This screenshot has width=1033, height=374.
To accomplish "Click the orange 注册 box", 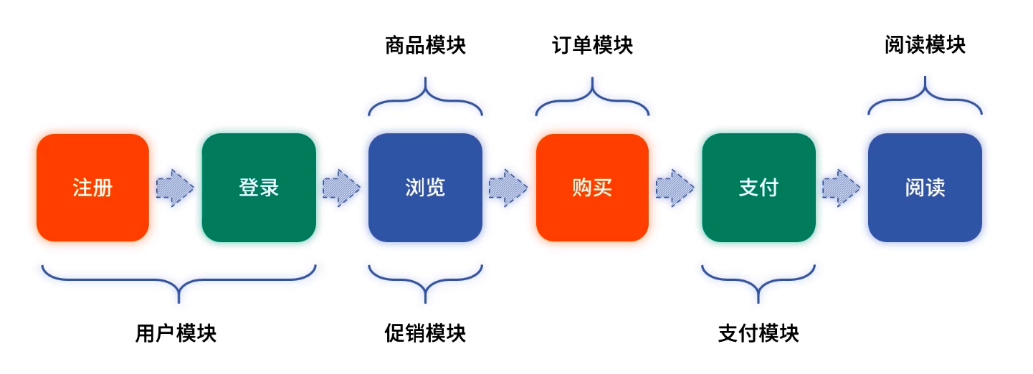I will [92, 188].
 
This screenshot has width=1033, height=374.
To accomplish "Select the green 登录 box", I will [259, 188].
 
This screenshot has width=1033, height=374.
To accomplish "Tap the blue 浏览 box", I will [425, 188].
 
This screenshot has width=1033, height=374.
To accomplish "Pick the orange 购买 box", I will [592, 188].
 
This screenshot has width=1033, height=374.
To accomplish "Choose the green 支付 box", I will [758, 188].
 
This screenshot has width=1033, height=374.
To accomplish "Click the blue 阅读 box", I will [925, 188].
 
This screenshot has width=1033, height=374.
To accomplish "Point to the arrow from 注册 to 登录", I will [175, 188].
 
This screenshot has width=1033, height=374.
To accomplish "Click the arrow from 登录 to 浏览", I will [341, 188].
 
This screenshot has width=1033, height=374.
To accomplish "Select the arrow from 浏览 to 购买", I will [508, 188].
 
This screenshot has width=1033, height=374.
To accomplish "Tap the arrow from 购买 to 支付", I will [675, 188].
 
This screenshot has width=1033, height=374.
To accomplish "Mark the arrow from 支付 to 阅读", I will [841, 188].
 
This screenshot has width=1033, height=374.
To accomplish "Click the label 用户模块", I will [176, 333].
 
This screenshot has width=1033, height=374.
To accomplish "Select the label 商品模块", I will [425, 46].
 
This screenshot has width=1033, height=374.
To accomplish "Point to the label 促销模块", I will [425, 333].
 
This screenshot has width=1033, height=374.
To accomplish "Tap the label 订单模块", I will [592, 46].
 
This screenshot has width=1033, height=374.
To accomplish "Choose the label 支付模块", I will [758, 333].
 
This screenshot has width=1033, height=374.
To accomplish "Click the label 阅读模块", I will [925, 46].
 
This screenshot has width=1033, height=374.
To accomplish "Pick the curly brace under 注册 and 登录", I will [178, 279].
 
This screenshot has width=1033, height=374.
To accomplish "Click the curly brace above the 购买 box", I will [592, 100].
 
